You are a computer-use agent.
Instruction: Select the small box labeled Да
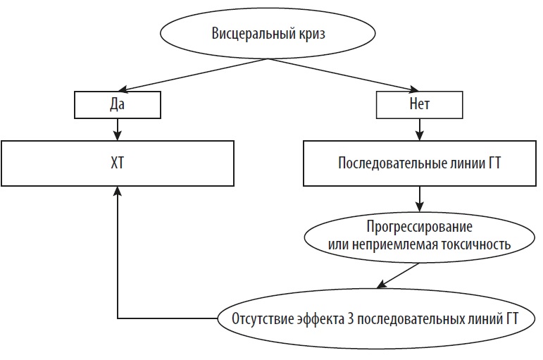117,105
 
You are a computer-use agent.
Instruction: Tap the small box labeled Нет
420,105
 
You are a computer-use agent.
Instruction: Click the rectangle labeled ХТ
118,163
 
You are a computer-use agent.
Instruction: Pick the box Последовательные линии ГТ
420,163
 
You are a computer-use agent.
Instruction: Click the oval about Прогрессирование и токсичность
419,236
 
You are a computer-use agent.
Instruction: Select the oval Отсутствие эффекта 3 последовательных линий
374,318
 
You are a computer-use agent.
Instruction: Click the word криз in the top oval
310,34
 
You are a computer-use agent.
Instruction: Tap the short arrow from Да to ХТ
118,129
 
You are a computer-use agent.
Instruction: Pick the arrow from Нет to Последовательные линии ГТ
420,129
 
